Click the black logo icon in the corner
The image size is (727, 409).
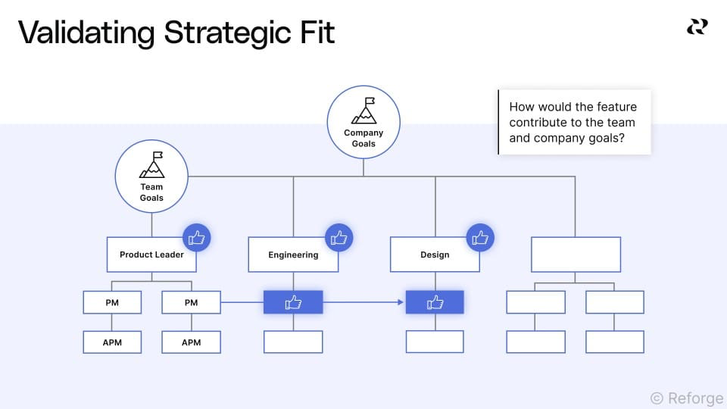[x=697, y=27]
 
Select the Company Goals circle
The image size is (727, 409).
[x=363, y=122]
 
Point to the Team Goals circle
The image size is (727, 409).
[x=151, y=176]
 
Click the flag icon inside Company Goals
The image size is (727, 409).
[x=363, y=111]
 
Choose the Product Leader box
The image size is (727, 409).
[x=151, y=254]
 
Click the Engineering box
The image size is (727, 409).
[x=293, y=254]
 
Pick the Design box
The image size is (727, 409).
[x=435, y=254]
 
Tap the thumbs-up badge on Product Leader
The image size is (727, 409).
[x=197, y=238]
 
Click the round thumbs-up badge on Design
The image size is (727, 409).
[x=480, y=238]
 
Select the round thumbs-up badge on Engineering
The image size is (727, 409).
[x=339, y=238]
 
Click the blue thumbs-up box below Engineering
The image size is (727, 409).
[x=293, y=302]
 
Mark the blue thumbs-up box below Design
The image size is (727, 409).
[x=435, y=302]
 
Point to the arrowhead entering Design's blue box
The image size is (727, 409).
[x=401, y=302]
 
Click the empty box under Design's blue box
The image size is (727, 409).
[x=435, y=342]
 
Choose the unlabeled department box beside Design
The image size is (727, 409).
[x=576, y=254]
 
